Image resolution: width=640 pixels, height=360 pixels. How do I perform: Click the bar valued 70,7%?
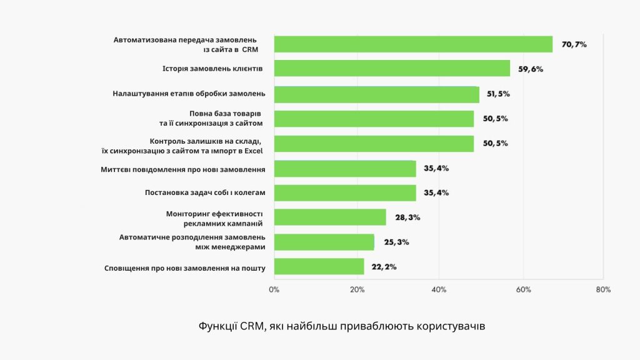tap(413, 44)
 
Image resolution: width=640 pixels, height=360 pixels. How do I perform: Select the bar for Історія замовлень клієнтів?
tap(392, 69)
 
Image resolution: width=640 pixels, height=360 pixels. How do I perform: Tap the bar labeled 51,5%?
tap(376, 94)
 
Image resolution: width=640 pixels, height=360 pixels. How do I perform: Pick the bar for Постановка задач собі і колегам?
tap(345, 192)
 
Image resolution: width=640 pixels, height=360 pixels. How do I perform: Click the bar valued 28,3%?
tap(330, 217)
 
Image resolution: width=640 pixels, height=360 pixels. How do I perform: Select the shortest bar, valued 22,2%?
tap(319, 266)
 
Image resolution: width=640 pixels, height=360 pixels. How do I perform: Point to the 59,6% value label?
tap(531, 69)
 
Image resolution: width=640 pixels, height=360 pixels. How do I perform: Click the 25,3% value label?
tap(396, 242)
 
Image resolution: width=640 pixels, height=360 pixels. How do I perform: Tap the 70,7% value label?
tap(574, 44)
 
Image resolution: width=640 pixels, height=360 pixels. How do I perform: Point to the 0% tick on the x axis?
tap(274, 290)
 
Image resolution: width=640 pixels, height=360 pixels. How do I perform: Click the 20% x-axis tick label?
tap(357, 290)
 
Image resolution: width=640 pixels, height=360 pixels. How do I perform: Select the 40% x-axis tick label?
tap(439, 290)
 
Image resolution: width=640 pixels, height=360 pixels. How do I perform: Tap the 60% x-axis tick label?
tap(523, 290)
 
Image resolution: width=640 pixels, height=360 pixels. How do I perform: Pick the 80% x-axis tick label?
tap(603, 290)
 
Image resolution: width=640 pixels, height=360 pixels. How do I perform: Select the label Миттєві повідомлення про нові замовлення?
tap(183, 169)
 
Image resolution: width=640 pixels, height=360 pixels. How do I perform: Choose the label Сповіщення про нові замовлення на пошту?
tap(184, 268)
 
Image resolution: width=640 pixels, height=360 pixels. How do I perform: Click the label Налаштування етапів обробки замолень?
tap(189, 94)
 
